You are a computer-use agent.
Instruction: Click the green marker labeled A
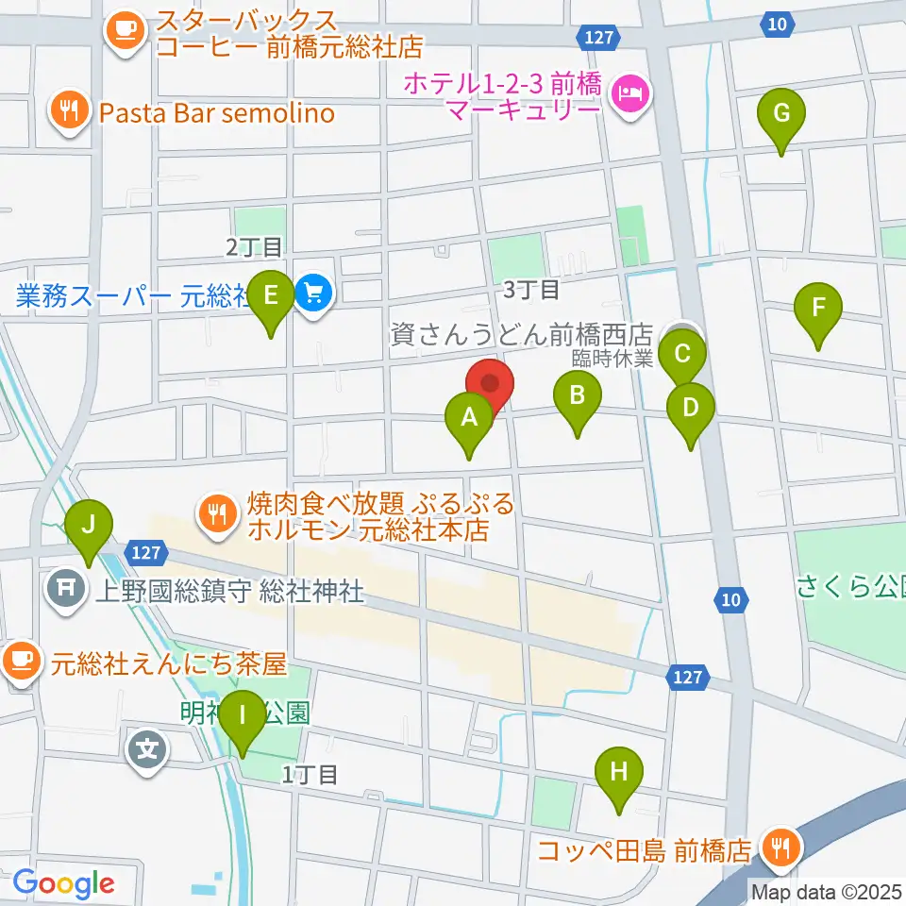469,418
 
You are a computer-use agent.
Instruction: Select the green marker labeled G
781,115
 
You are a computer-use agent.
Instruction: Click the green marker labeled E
271,298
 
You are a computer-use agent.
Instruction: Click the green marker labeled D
691,411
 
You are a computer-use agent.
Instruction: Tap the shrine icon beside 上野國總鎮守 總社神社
66,592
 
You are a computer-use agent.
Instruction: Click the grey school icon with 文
149,752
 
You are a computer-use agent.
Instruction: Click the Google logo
64,883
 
